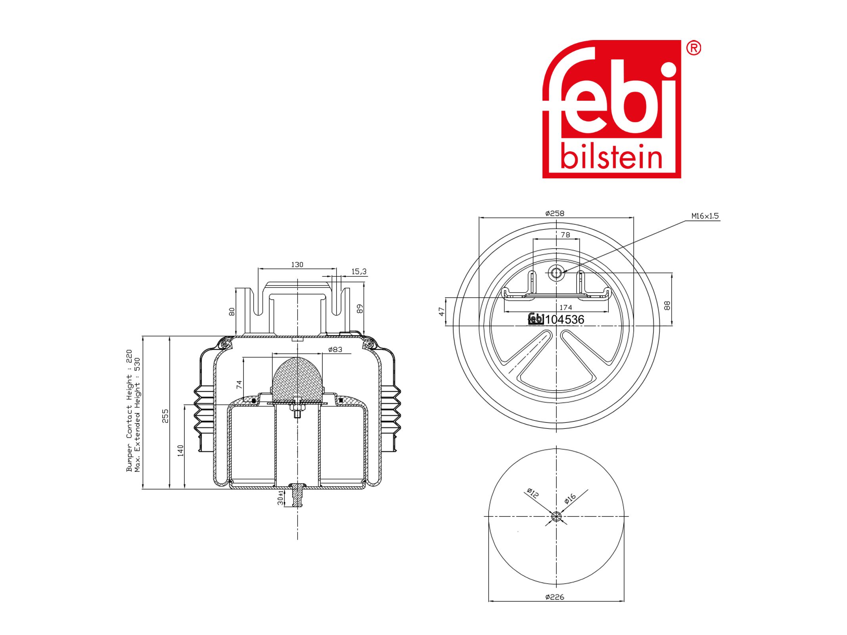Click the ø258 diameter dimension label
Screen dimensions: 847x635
554,213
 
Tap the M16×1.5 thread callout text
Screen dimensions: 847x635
705,216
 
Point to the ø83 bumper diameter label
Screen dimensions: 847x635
335,349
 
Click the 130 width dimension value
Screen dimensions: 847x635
297,264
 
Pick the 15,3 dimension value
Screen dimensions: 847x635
359,272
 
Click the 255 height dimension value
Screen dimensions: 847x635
165,416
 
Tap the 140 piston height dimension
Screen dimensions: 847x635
180,451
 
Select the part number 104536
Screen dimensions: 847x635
565,319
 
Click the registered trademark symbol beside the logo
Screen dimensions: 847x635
694,48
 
